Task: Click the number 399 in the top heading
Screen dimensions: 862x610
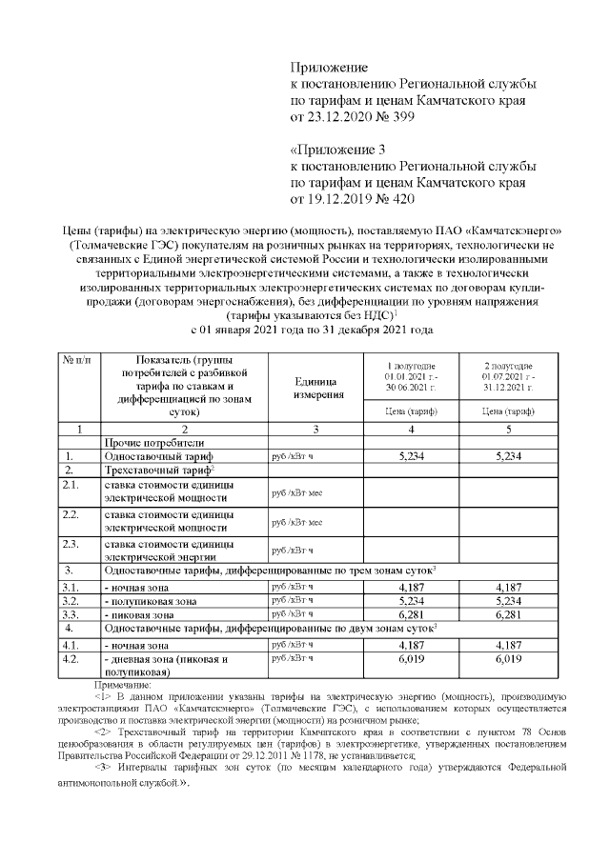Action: [401, 117]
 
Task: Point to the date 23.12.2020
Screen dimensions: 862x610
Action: [339, 117]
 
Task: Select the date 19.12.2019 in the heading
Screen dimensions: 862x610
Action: [339, 199]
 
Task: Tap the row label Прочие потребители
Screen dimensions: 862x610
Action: [152, 443]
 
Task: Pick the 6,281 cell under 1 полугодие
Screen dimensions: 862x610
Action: [411, 614]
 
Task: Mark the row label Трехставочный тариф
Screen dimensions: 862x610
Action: [158, 471]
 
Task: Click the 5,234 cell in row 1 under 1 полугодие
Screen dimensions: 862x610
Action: [411, 457]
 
